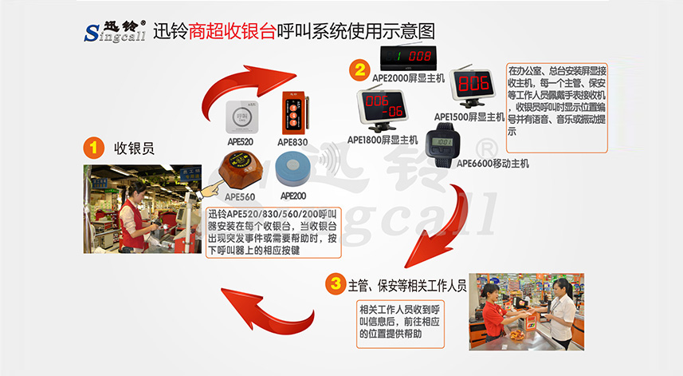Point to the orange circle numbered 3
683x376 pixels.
coord(336,283)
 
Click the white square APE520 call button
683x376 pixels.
coord(240,116)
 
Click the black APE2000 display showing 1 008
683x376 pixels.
coord(408,56)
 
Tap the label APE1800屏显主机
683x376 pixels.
coord(383,141)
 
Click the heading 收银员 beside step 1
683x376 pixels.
coord(134,148)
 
